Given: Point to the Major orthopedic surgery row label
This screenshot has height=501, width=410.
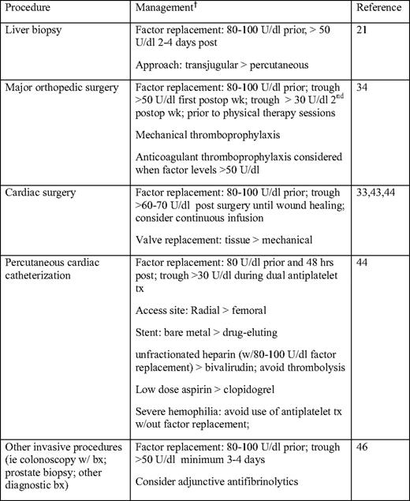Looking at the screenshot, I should pyautogui.click(x=61, y=87).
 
